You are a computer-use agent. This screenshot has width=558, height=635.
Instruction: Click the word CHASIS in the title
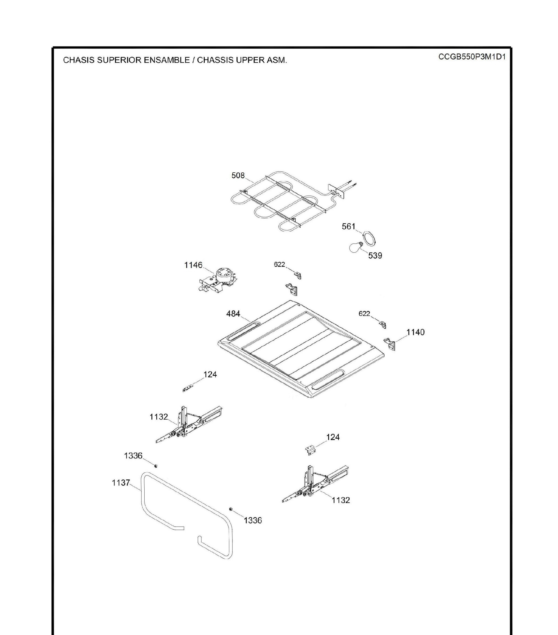coord(79,60)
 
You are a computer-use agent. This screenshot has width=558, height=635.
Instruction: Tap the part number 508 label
coord(238,176)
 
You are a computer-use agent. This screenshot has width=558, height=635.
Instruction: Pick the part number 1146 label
coord(193,265)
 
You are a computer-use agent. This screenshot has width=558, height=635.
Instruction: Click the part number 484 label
coord(233,314)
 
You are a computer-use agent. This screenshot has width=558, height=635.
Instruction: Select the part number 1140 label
coord(415,332)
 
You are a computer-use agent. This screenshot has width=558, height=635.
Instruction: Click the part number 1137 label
coord(121,482)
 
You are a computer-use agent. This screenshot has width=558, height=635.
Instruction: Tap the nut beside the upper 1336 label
coord(156,465)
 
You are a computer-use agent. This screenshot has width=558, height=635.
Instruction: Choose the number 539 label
coord(375,255)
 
